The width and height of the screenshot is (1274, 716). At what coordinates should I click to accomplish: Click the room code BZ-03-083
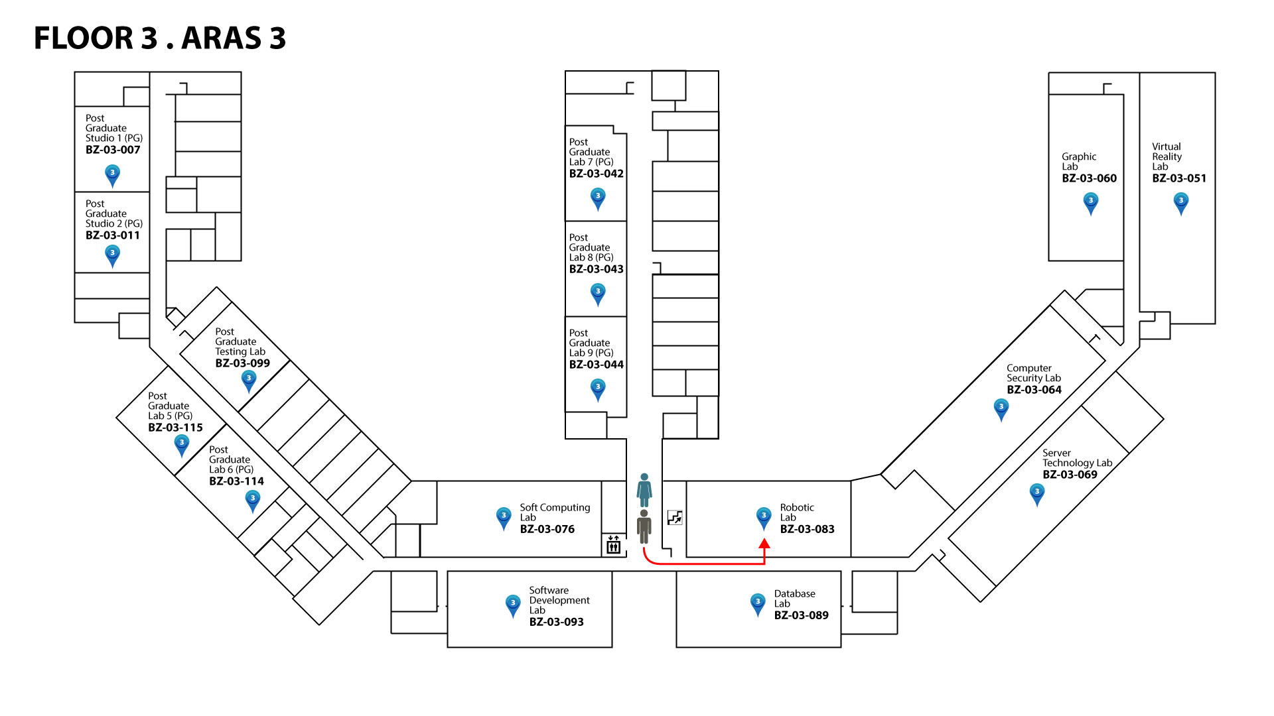click(807, 529)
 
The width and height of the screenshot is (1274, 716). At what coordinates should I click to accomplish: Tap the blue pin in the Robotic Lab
click(764, 517)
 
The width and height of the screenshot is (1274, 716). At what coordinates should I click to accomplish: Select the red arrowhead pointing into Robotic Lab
click(764, 544)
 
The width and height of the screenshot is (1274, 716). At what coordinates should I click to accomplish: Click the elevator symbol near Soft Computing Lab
click(613, 545)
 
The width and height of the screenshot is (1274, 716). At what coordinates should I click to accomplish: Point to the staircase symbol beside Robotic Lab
click(675, 518)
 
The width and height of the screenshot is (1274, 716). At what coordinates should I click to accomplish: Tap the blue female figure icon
click(644, 490)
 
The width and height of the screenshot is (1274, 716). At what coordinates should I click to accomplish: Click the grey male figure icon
click(644, 526)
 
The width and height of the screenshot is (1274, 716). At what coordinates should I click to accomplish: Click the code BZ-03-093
click(556, 622)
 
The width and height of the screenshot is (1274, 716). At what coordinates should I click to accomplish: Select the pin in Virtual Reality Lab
click(1181, 202)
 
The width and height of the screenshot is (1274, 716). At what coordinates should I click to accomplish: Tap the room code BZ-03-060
click(1089, 178)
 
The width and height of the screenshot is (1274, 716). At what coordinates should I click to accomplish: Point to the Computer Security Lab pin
click(1001, 408)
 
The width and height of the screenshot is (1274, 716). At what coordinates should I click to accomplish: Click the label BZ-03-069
click(1070, 475)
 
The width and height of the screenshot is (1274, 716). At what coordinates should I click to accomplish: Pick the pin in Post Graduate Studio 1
click(113, 174)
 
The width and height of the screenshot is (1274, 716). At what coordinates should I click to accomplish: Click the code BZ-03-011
click(113, 235)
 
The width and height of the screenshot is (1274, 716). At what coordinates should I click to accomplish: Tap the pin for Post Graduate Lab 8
click(598, 293)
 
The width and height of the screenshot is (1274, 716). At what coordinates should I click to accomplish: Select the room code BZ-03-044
click(596, 365)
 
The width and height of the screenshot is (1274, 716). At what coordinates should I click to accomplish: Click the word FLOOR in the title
click(84, 38)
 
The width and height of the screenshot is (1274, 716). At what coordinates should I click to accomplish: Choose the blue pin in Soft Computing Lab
click(504, 517)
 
